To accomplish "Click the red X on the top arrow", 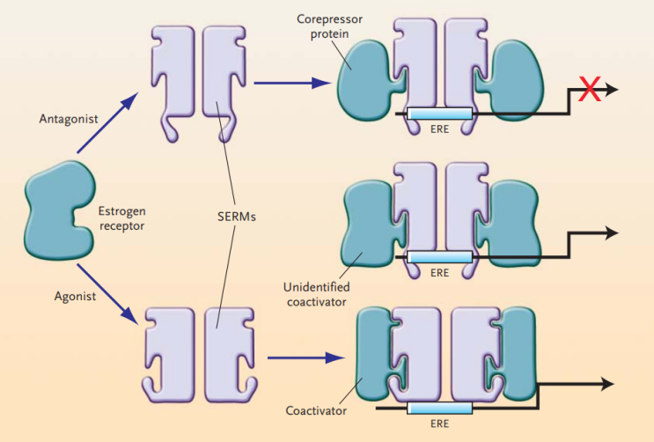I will (589, 89).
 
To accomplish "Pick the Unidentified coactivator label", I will (319, 294).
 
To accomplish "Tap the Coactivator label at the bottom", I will (313, 409).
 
